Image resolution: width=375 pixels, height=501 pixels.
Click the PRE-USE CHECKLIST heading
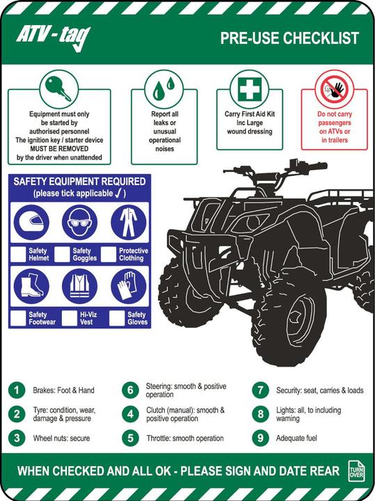[x=289, y=38]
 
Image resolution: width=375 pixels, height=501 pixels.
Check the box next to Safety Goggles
[x=63, y=254]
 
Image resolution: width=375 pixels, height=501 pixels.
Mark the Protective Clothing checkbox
[x=109, y=254]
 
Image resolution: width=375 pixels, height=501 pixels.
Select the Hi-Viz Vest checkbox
[x=69, y=318]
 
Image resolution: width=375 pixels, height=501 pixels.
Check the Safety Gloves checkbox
[x=116, y=318]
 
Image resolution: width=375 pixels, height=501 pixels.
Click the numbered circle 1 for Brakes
[x=17, y=390]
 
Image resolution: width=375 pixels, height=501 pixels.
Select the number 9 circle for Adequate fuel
[x=260, y=438]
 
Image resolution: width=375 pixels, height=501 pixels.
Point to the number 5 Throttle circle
[x=129, y=438]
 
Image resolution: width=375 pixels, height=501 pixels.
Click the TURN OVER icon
[x=356, y=470]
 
